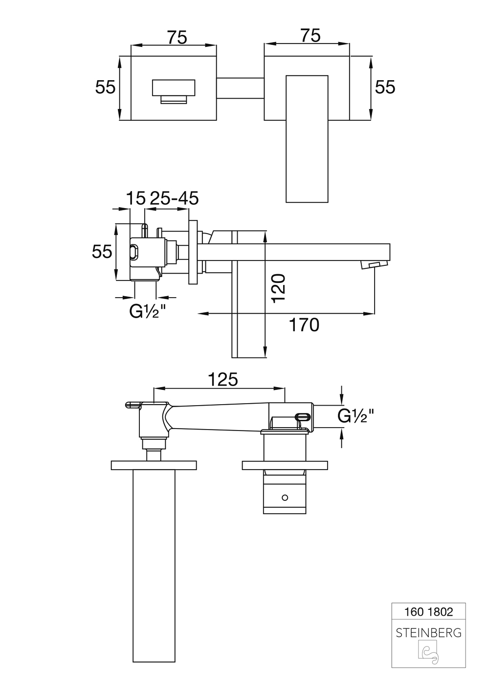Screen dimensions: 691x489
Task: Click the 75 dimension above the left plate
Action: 177,37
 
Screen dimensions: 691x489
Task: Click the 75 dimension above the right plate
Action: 310,36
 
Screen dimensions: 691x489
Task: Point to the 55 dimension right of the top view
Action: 385,87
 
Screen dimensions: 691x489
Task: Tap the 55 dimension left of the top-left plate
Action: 105,87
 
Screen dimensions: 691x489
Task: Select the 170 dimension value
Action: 304,325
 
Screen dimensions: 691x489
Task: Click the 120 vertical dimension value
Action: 278,288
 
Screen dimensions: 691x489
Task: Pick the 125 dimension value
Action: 222,379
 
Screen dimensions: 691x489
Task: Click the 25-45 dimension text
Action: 174,198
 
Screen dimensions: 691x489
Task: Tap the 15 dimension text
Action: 136,198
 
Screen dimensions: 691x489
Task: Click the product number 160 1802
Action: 429,611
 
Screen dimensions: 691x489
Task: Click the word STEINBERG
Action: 428,633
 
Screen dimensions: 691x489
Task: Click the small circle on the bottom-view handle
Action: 285,497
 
